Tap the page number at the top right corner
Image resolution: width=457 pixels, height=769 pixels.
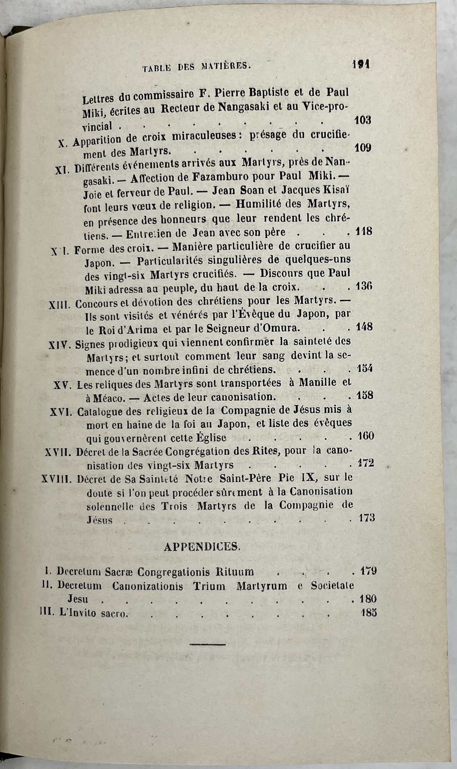[x=361, y=65]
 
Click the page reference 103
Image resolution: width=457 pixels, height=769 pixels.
[x=363, y=120]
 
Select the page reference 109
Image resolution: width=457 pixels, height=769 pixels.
[x=363, y=148]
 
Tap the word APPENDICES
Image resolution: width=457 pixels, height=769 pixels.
[x=201, y=546]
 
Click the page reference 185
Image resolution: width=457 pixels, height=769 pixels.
[x=368, y=613]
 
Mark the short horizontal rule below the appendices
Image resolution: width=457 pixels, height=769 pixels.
[x=207, y=644]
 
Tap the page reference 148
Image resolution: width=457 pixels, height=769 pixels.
[x=364, y=327]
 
